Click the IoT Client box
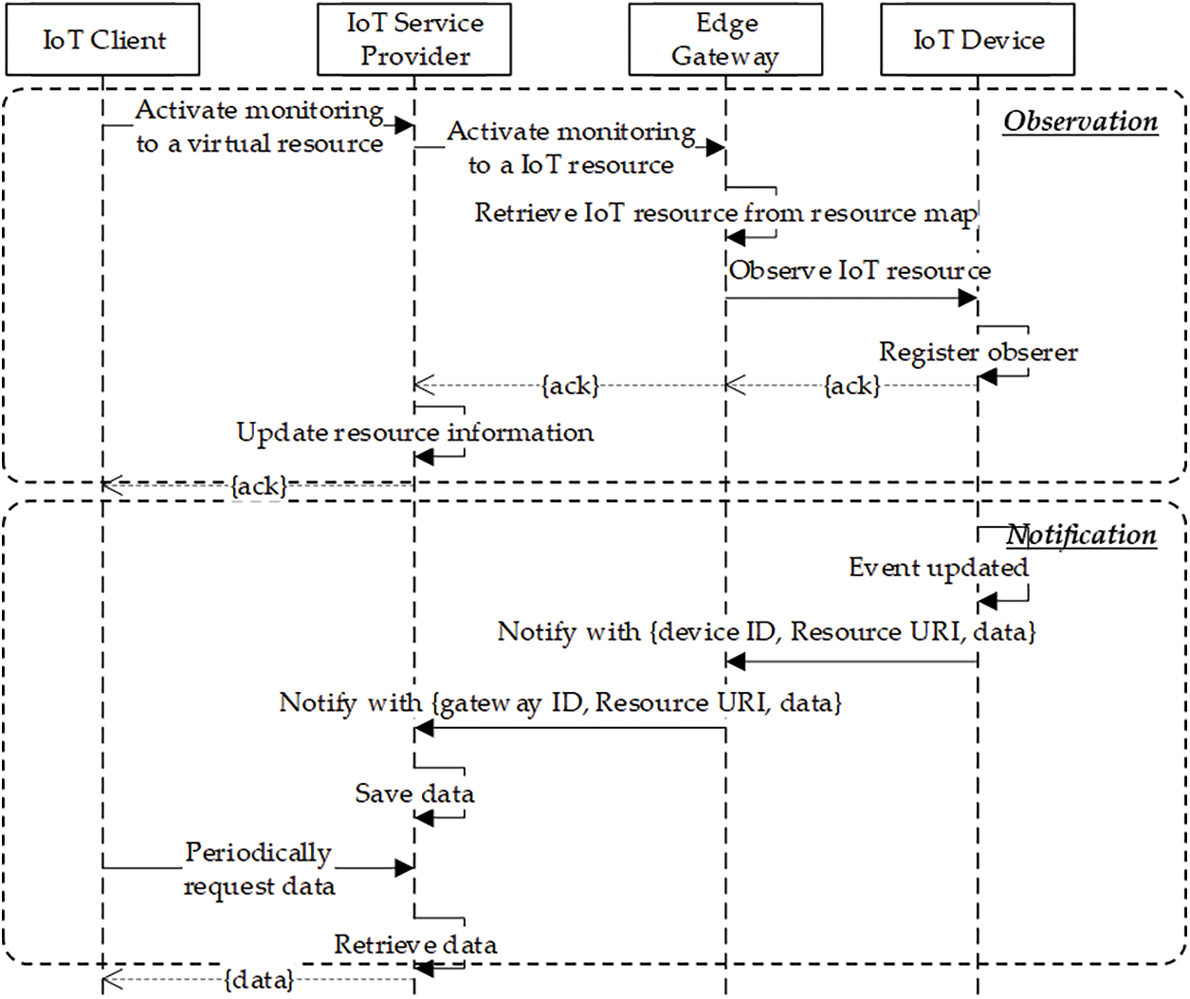coord(102,39)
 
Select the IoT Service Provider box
coord(414,39)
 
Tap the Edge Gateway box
coord(725,39)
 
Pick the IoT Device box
coord(978,39)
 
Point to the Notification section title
coord(1081,536)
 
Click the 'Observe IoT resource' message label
coord(860,270)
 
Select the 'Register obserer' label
coord(979,352)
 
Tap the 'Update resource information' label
coord(415,432)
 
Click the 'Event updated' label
coord(939,568)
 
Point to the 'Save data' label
coord(414,792)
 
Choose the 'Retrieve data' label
coord(415,944)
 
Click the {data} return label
coord(259,980)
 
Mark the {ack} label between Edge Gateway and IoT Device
coord(852,386)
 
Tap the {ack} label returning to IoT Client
coord(259,486)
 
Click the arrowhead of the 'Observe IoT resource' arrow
coord(968,298)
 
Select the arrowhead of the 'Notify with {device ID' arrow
coord(736,662)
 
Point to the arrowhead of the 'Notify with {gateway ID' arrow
coord(424,728)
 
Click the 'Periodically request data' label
coord(259,869)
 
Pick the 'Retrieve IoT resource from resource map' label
coord(725,213)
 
